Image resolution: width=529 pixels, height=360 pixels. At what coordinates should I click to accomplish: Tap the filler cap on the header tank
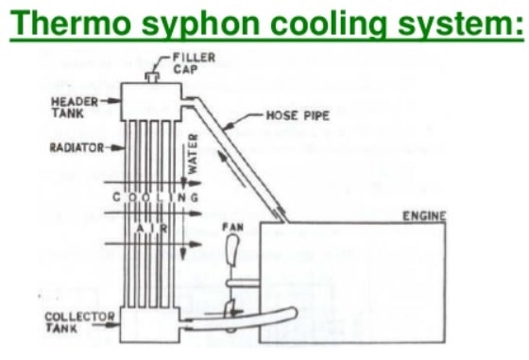151,77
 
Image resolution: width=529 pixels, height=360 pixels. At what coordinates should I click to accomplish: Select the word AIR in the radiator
150,229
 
